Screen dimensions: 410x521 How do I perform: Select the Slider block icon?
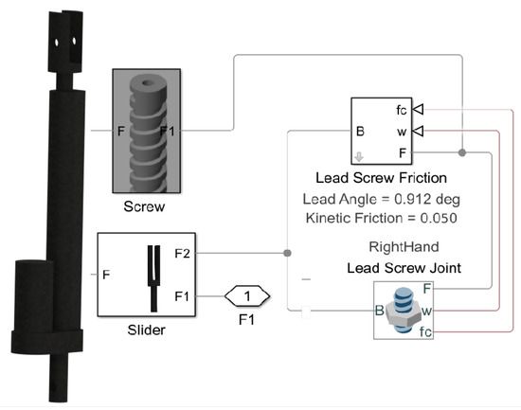pyautogui.click(x=152, y=275)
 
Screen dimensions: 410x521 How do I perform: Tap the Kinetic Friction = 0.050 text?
pyautogui.click(x=381, y=218)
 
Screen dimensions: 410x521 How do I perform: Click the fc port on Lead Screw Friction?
pyautogui.click(x=404, y=110)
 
